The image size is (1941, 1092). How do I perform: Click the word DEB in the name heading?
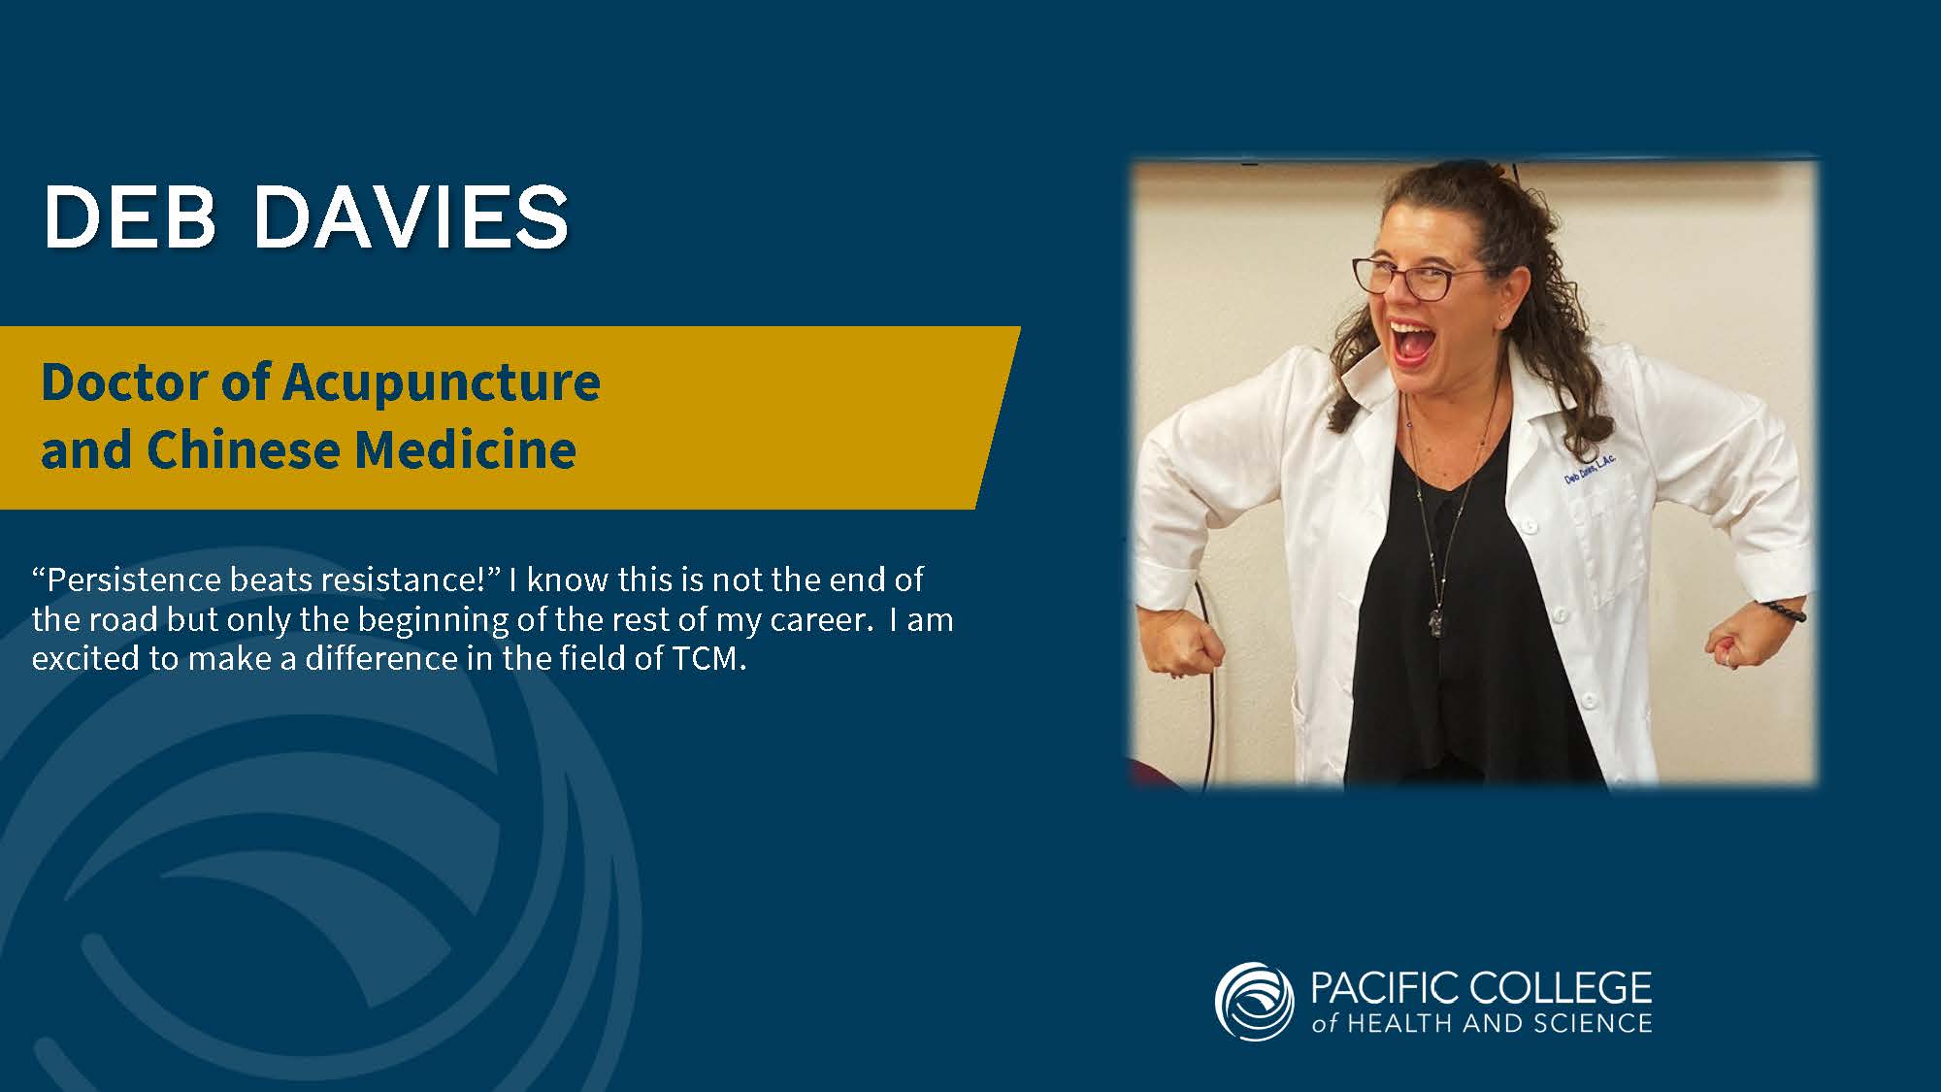130,216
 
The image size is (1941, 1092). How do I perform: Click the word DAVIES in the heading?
411,216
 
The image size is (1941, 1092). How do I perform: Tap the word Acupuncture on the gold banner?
442,383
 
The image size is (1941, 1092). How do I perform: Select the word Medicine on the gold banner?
466,449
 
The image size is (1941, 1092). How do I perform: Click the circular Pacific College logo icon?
1254,1002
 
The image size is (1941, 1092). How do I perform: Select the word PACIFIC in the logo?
1385,988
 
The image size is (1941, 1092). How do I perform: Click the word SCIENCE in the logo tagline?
1594,1023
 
